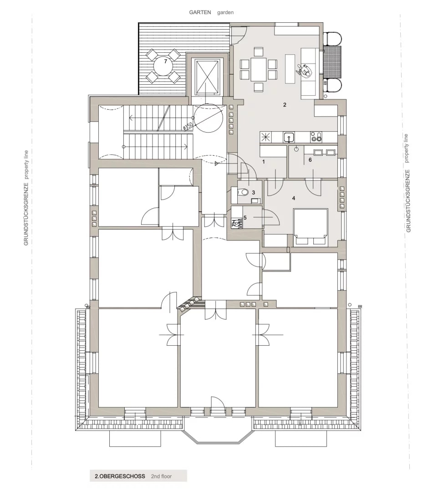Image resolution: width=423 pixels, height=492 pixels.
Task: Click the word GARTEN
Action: click(x=200, y=12)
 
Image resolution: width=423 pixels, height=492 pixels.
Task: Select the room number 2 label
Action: click(x=285, y=105)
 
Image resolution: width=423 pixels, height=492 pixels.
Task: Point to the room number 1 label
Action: click(x=263, y=161)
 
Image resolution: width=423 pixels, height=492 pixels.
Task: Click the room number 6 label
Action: click(x=310, y=160)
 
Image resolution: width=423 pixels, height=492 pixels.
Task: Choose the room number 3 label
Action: click(x=253, y=192)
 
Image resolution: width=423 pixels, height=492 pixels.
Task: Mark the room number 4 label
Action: click(x=294, y=198)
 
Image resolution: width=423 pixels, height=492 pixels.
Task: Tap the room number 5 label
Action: click(x=245, y=218)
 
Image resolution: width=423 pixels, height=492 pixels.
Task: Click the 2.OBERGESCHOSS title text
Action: click(x=120, y=476)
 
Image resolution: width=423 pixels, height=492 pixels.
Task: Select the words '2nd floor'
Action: click(x=161, y=476)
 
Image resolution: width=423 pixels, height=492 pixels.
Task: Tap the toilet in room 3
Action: click(x=243, y=193)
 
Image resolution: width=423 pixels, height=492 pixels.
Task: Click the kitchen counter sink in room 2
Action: click(x=288, y=137)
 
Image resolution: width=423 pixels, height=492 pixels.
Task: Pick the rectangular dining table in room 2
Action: click(x=259, y=69)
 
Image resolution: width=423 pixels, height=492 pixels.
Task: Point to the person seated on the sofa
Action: click(x=304, y=71)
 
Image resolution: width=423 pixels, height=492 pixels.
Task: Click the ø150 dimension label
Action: click(x=188, y=125)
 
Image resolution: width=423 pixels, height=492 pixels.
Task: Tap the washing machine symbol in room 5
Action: click(x=237, y=223)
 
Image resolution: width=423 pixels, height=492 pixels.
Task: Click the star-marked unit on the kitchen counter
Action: click(x=266, y=137)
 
